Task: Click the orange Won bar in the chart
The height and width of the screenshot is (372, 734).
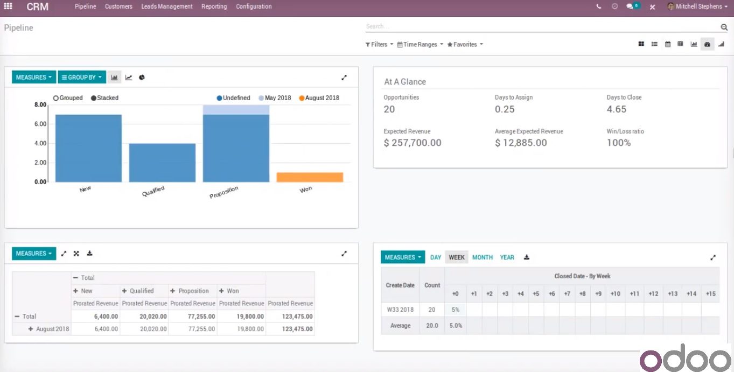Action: [310, 177]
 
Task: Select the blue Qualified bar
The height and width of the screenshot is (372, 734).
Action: [162, 163]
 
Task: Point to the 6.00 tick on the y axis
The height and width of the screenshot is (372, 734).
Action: [40, 124]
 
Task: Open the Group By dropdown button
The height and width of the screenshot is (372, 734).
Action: [81, 78]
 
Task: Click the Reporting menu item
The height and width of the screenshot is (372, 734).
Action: [214, 6]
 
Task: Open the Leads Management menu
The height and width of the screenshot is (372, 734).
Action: [167, 6]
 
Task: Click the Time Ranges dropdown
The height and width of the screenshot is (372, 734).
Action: [420, 45]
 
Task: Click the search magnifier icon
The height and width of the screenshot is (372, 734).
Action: [724, 27]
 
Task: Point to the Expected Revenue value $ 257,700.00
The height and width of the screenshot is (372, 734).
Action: [413, 143]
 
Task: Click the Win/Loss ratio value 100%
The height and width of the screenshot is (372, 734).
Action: [619, 143]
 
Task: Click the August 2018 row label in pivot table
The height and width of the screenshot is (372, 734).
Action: [52, 329]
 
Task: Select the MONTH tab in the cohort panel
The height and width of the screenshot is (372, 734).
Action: [482, 257]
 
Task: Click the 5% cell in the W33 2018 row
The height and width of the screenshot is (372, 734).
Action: [455, 310]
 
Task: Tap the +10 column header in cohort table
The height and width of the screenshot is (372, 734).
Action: [615, 293]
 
